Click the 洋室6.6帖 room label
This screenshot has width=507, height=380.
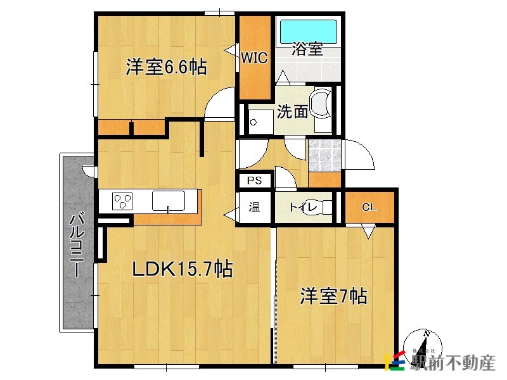tap(165, 67)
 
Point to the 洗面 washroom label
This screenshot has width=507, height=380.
tap(292, 112)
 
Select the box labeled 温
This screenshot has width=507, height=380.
tap(254, 206)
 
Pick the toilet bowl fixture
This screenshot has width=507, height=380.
tap(324, 207)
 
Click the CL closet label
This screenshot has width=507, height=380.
tap(369, 206)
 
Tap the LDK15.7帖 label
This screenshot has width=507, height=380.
tap(182, 269)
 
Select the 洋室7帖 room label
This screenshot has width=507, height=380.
tap(333, 295)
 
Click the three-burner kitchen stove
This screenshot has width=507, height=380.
tap(123, 201)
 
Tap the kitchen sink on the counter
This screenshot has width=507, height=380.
tap(168, 201)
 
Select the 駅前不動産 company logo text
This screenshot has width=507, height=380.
tap(451, 363)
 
